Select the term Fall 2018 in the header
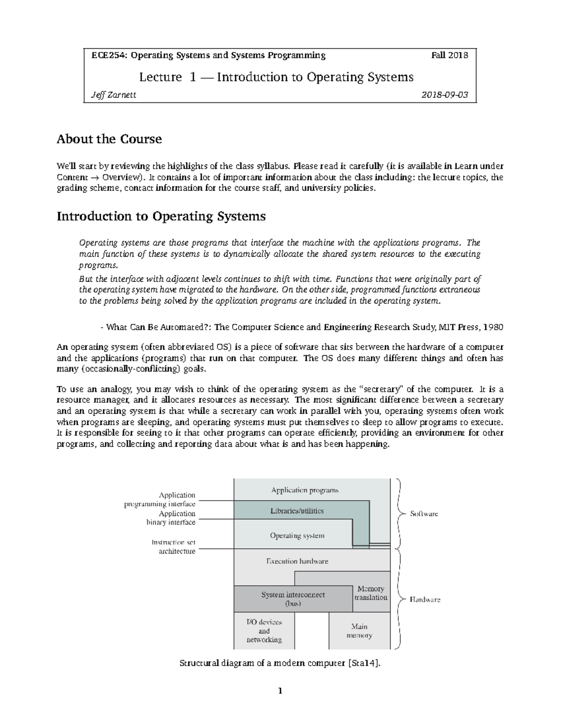click(x=449, y=55)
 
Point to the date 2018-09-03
click(x=445, y=95)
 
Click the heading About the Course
click(x=109, y=139)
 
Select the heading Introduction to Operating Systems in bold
click(x=161, y=216)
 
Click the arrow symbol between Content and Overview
click(x=95, y=178)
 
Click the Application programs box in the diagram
click(x=305, y=490)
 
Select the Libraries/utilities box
click(x=297, y=510)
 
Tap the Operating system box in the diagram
click(x=297, y=536)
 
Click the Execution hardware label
click(x=297, y=561)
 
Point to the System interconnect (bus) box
click(x=293, y=599)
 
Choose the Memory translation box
click(x=371, y=593)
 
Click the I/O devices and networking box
click(x=264, y=631)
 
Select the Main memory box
click(x=360, y=631)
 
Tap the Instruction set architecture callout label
click(x=173, y=547)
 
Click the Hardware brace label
click(x=425, y=599)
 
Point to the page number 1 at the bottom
click(x=280, y=691)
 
